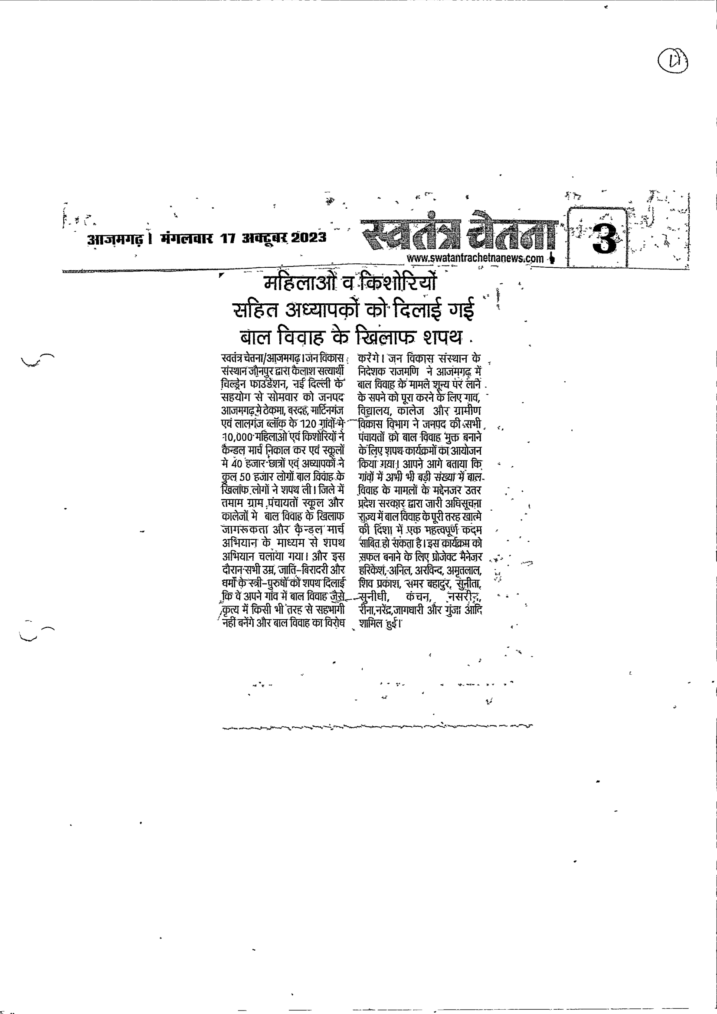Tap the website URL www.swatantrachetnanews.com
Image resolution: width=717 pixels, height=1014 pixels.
click(475, 258)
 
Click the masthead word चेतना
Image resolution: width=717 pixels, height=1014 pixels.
click(513, 230)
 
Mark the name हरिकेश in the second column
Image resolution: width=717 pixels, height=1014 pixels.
click(373, 570)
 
